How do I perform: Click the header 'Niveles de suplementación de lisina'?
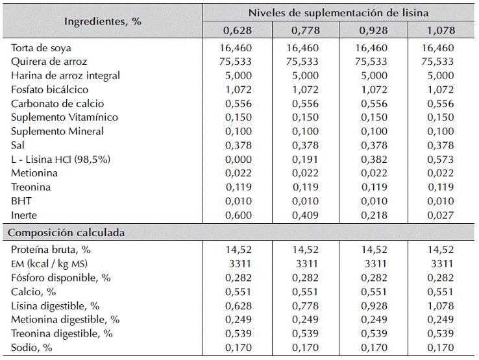(x=338, y=13)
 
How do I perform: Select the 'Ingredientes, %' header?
(x=103, y=21)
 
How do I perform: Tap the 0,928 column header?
(x=373, y=30)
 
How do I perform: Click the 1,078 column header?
(x=441, y=30)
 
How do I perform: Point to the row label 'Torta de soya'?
(x=41, y=48)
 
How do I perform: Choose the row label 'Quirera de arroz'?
(x=49, y=62)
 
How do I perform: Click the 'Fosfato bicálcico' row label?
(x=49, y=90)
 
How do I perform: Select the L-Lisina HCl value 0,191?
(x=305, y=160)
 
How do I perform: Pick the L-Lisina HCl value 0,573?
(x=441, y=160)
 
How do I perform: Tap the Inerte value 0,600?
(x=238, y=215)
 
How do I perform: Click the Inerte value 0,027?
(x=441, y=215)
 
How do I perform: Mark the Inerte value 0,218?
(x=374, y=215)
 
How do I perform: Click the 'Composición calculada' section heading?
(x=66, y=233)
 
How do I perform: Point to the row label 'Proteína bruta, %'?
(x=51, y=250)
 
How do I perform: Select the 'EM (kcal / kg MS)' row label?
(x=49, y=264)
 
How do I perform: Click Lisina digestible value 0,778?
(x=305, y=306)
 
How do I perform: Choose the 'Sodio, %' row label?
(x=31, y=348)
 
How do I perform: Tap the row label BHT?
(x=21, y=201)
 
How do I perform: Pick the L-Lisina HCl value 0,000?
(x=238, y=160)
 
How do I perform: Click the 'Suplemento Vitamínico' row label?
(x=64, y=117)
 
